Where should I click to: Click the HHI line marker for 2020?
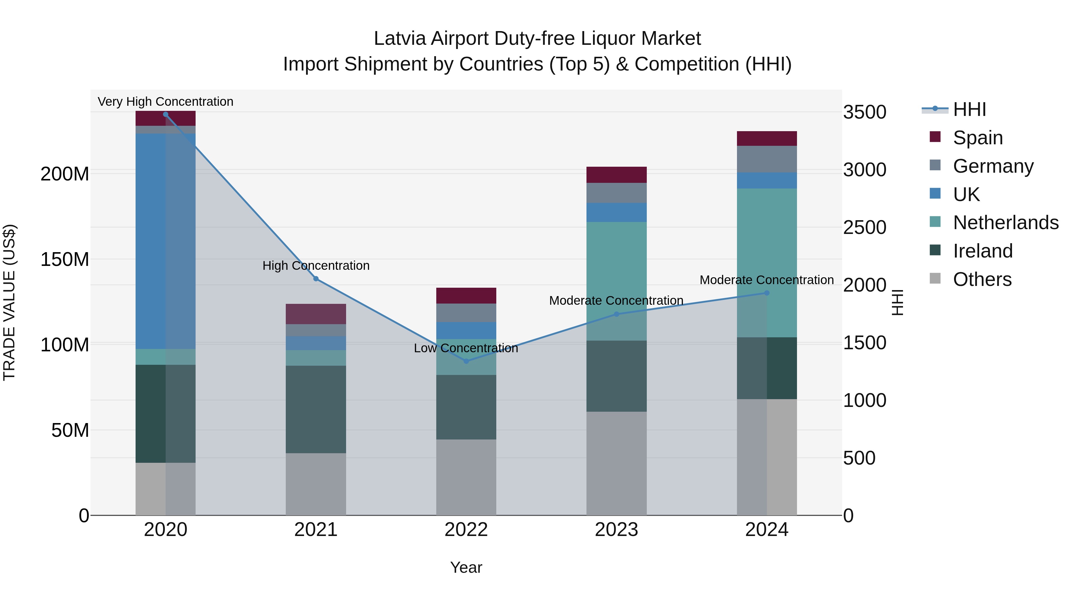point(166,114)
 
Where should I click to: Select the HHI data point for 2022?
point(466,361)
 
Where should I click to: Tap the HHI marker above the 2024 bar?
point(767,293)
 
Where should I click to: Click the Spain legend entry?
point(977,138)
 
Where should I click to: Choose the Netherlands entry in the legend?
point(1005,223)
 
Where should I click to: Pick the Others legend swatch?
point(935,278)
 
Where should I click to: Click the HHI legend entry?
point(969,109)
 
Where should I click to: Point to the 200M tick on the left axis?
point(65,174)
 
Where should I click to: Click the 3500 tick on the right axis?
point(865,112)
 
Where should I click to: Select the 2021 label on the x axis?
point(316,530)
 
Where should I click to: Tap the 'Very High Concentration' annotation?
point(166,102)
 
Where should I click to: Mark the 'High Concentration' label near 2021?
point(316,266)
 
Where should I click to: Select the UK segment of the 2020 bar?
point(166,241)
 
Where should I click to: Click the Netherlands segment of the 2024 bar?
point(767,263)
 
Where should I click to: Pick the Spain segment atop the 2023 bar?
point(616,174)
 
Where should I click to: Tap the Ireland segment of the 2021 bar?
point(316,409)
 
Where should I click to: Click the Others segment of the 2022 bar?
point(466,477)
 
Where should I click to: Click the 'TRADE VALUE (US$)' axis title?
point(9,302)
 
